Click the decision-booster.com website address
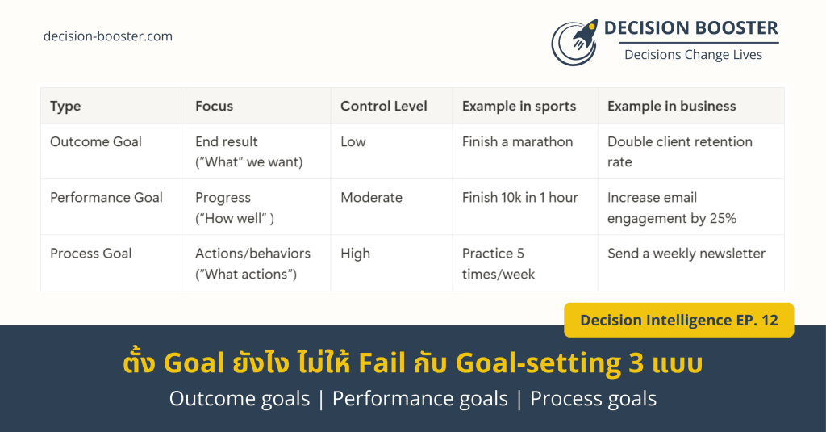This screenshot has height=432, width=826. [108, 36]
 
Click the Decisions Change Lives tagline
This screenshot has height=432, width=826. [693, 55]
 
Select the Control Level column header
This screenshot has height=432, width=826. [383, 106]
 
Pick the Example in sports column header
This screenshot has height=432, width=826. [519, 107]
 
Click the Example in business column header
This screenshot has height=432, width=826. [672, 106]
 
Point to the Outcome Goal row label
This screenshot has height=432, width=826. [96, 141]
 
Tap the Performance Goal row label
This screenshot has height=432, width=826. [106, 197]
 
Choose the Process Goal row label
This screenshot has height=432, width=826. [90, 254]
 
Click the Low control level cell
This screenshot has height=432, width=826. [353, 141]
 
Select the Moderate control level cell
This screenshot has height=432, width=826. [371, 197]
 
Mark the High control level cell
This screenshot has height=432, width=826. [355, 254]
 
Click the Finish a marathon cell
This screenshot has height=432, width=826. [517, 141]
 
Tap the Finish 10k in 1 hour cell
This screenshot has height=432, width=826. [520, 197]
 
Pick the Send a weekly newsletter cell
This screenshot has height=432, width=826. [686, 254]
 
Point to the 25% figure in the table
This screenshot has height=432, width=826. [723, 218]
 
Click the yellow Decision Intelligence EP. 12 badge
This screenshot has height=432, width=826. [679, 321]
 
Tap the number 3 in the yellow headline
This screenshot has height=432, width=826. [636, 363]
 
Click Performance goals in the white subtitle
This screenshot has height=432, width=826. [419, 399]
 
